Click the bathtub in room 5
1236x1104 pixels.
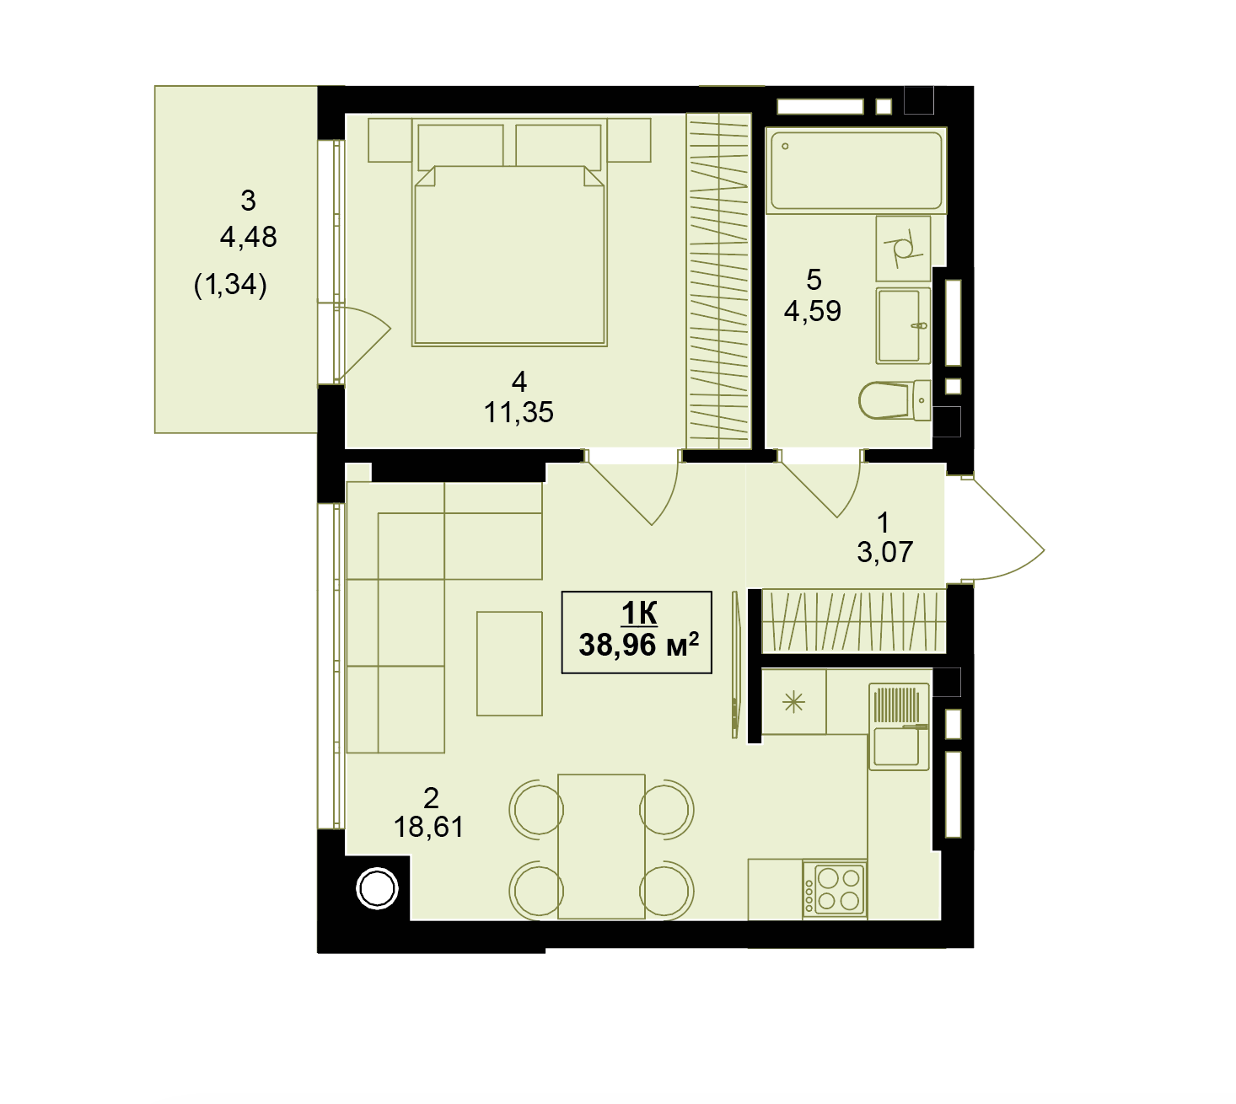click(x=855, y=170)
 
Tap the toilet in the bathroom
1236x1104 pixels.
click(x=895, y=401)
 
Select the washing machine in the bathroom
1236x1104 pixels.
click(x=903, y=249)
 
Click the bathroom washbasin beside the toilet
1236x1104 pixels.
click(x=903, y=325)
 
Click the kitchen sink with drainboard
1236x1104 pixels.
click(x=899, y=726)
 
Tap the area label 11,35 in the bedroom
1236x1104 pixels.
click(x=519, y=412)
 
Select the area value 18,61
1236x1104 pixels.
click(x=428, y=827)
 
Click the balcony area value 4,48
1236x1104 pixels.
click(x=249, y=237)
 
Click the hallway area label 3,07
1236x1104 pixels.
click(x=884, y=552)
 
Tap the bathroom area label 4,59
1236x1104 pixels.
click(x=812, y=311)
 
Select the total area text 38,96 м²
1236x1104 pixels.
click(x=638, y=645)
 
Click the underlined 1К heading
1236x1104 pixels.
click(x=639, y=613)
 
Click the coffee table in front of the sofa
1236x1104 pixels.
click(x=509, y=663)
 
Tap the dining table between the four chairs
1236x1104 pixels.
click(x=601, y=847)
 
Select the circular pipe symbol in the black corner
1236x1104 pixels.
click(x=377, y=889)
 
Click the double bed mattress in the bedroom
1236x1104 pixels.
click(x=509, y=255)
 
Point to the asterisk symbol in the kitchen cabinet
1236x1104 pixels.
click(x=793, y=703)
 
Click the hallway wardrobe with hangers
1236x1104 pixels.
click(x=853, y=621)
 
